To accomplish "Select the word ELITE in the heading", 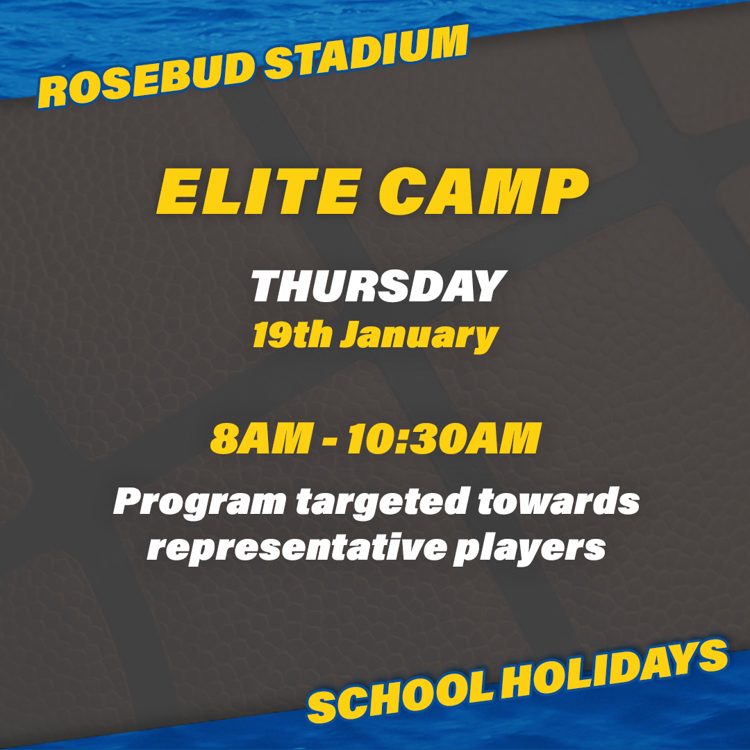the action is coord(259,192).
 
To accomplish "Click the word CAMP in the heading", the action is coord(484,192).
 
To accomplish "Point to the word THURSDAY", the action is coord(378,286).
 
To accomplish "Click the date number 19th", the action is coord(292,334).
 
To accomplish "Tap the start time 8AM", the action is coord(261,438).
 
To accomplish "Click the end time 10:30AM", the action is coord(444,438).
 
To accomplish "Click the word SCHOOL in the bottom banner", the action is coord(400,697).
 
